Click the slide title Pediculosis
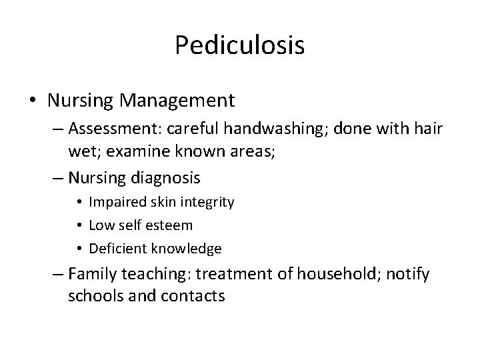240,45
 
